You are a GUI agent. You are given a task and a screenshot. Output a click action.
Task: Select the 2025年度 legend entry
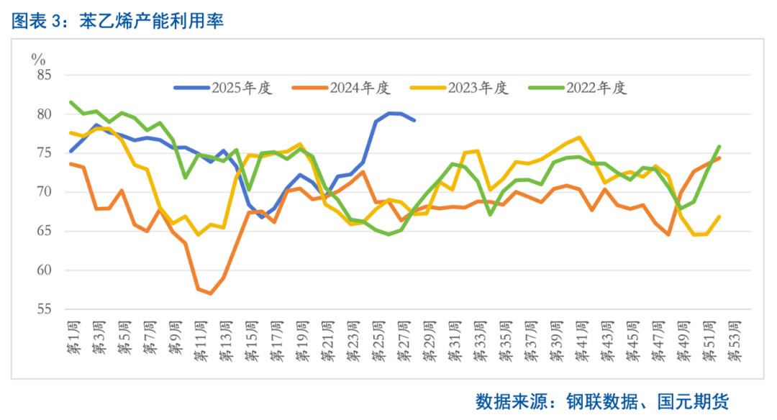tap(223, 88)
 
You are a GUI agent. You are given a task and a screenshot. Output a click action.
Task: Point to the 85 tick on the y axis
tap(45, 75)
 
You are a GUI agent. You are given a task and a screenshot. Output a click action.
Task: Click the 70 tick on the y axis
tap(45, 192)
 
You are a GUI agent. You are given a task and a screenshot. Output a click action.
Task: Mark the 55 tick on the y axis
tap(45, 309)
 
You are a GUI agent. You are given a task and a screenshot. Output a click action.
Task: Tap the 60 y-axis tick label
tap(45, 270)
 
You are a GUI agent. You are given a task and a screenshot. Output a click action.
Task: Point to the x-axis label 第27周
tap(401, 341)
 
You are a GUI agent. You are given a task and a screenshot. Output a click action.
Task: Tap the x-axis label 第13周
tap(224, 341)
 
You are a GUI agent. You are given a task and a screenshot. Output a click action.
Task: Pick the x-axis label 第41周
tap(580, 341)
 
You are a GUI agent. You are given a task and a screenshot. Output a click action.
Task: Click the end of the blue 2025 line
tap(414, 119)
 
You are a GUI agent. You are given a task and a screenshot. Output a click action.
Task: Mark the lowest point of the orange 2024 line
tap(210, 293)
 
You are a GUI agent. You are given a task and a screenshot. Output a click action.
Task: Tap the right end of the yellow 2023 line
tap(719, 216)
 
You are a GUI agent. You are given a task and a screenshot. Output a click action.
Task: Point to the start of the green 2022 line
tap(71, 102)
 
